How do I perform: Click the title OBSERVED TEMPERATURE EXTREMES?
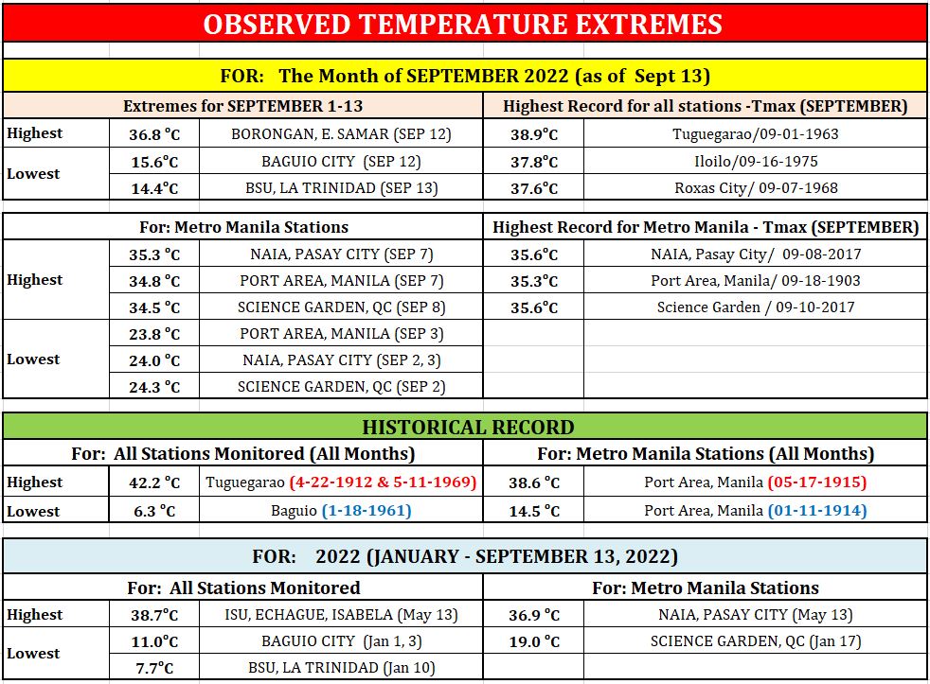462,25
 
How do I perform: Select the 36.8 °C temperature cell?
154,134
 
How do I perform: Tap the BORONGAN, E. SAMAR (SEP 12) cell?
341,134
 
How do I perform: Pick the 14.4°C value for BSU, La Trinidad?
154,188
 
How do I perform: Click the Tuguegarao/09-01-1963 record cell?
755,134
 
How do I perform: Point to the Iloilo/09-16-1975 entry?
756,161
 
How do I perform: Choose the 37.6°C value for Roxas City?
534,188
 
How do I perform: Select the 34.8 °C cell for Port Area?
154,281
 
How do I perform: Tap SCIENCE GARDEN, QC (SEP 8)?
341,307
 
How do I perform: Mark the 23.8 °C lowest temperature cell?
154,334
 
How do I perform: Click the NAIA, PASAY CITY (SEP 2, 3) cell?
341,360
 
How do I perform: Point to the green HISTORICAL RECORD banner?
465,427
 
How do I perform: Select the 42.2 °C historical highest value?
154,482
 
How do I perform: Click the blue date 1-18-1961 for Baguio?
367,510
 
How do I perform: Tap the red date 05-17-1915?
817,482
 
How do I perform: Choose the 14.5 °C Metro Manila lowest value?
534,511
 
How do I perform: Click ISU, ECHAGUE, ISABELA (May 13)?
341,615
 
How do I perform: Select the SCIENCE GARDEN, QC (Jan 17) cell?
755,641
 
